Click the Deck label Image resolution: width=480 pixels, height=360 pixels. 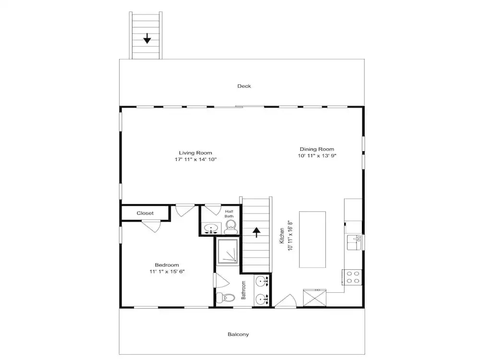pyautogui.click(x=244, y=86)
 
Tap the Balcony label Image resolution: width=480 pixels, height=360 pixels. pyautogui.click(x=238, y=334)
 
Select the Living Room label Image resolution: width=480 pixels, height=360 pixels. pyautogui.click(x=195, y=153)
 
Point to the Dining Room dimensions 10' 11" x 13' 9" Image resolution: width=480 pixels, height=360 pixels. pyautogui.click(x=317, y=156)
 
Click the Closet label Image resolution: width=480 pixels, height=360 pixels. pyautogui.click(x=145, y=213)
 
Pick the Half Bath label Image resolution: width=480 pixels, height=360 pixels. pyautogui.click(x=229, y=214)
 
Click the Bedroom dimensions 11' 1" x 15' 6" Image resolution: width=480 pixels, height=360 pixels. pyautogui.click(x=167, y=271)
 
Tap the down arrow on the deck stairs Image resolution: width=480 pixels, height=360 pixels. pyautogui.click(x=147, y=38)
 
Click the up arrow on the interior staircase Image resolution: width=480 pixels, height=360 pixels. pyautogui.click(x=256, y=233)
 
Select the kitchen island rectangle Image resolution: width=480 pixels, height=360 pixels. pyautogui.click(x=312, y=240)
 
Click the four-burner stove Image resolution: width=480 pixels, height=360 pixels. pyautogui.click(x=352, y=277)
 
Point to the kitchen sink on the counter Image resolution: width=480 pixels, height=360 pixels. pyautogui.click(x=354, y=242)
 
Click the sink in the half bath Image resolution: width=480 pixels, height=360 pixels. pyautogui.click(x=211, y=228)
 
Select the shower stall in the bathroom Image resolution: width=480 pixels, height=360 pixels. pyautogui.click(x=228, y=252)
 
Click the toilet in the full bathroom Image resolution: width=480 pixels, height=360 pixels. pyautogui.click(x=225, y=298)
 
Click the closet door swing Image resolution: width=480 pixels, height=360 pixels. pyautogui.click(x=151, y=226)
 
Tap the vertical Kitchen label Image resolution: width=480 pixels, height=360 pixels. pyautogui.click(x=282, y=236)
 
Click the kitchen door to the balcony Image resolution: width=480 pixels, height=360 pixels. pyautogui.click(x=286, y=301)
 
